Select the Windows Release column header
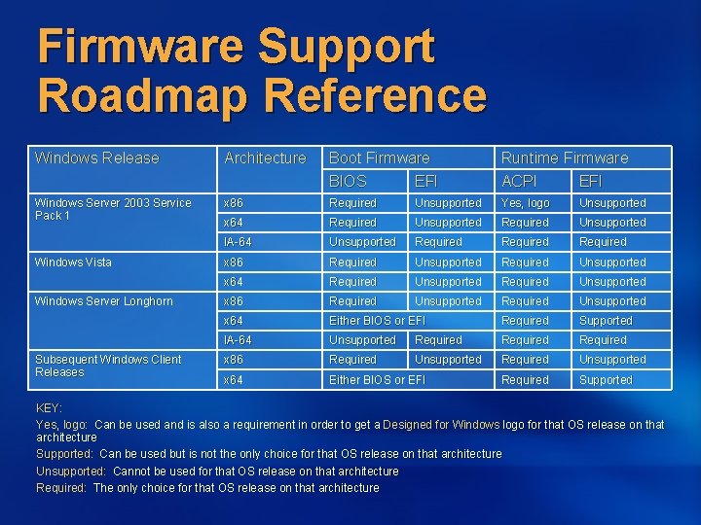(x=96, y=157)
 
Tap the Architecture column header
(x=265, y=157)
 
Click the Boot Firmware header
(x=379, y=157)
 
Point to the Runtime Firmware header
(x=565, y=157)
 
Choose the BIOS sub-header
(x=348, y=181)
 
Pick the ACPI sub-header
(x=519, y=181)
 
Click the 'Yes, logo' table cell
(x=525, y=203)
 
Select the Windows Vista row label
(x=73, y=262)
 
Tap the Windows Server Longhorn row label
(x=103, y=301)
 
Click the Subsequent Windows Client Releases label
(x=107, y=366)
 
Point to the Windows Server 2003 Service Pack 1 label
(x=112, y=209)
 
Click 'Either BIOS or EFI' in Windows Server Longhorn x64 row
(x=377, y=321)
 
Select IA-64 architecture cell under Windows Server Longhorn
(x=238, y=340)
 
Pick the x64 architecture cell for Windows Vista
(x=233, y=282)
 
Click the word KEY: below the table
(x=49, y=408)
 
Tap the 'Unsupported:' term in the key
(x=66, y=471)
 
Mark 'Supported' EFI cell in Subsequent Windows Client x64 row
(x=606, y=380)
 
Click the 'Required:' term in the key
(x=61, y=487)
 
